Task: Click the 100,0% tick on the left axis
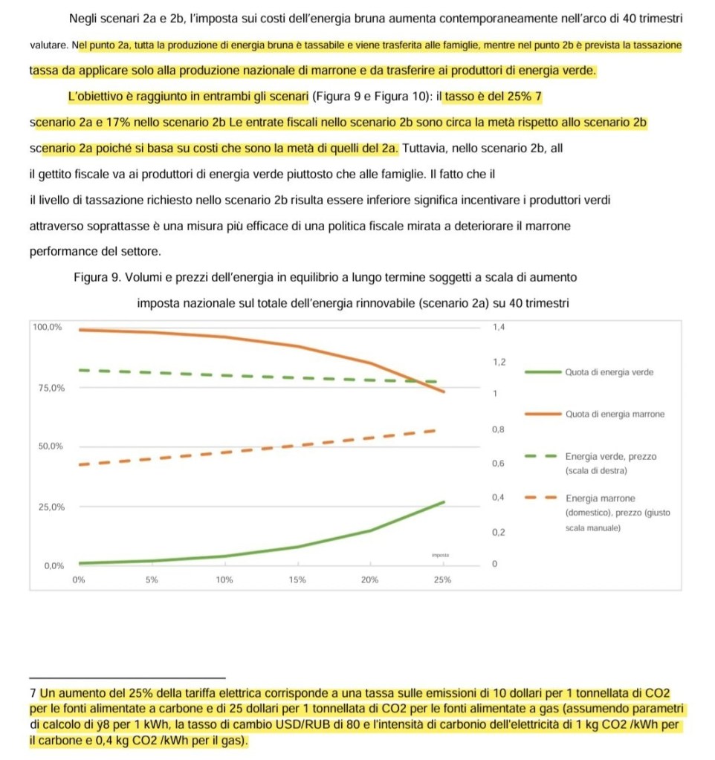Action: coord(46,327)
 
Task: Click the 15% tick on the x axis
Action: coord(297,580)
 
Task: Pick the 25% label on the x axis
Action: coord(442,580)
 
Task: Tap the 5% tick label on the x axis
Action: coord(152,580)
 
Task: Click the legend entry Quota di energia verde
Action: coord(609,372)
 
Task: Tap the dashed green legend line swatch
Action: coord(540,456)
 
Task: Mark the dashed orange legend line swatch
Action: coord(540,498)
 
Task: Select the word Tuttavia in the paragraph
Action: coord(426,149)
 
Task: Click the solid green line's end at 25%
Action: coord(444,502)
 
